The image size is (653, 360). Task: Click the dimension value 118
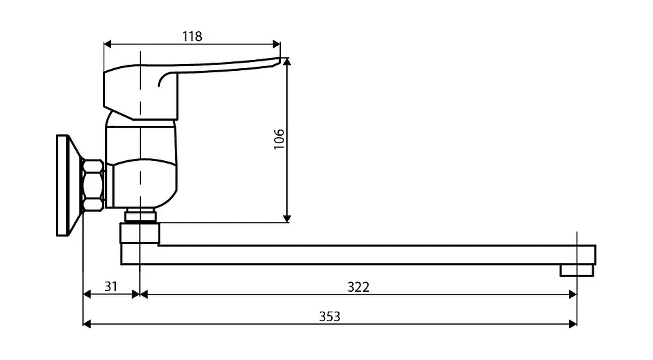tap(192, 37)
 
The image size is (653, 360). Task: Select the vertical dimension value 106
tap(279, 139)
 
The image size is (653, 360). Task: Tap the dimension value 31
tap(111, 286)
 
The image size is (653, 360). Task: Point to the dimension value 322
tap(358, 287)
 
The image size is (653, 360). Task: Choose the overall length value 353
tap(329, 316)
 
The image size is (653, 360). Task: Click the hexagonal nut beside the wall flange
tap(93, 185)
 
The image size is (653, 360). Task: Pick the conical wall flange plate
tap(69, 185)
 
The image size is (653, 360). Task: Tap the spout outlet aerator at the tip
tap(577, 271)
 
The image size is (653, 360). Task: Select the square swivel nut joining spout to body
tap(140, 233)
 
